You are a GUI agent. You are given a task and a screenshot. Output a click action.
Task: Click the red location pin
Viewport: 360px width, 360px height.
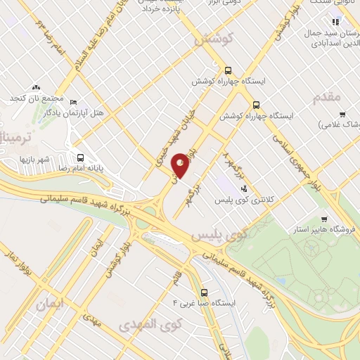(x=181, y=165)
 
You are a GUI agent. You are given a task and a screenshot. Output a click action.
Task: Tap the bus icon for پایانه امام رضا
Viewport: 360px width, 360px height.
(x=80, y=158)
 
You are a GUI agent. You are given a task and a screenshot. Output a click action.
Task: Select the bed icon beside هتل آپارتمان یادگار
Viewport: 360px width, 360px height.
(x=74, y=102)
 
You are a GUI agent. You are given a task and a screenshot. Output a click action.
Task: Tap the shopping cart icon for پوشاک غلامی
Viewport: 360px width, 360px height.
(x=342, y=115)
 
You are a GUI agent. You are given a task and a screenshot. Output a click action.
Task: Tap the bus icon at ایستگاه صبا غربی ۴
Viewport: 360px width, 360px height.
(x=204, y=292)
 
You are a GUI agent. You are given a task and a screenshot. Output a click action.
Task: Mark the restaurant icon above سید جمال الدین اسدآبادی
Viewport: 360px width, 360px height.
(x=336, y=20)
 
